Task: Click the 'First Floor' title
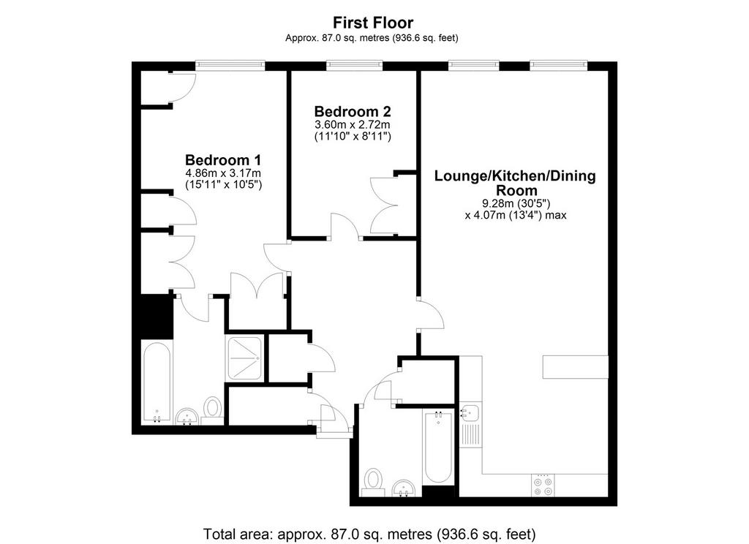pyautogui.click(x=373, y=23)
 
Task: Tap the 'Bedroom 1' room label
pyautogui.click(x=223, y=160)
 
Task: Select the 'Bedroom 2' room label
pyautogui.click(x=353, y=112)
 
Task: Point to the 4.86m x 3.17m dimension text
pyautogui.click(x=223, y=173)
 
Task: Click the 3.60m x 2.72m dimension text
pyautogui.click(x=353, y=124)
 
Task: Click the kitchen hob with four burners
pyautogui.click(x=543, y=486)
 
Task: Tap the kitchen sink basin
pyautogui.click(x=471, y=412)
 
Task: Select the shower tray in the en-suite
pyautogui.click(x=245, y=359)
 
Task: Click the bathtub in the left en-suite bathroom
pyautogui.click(x=157, y=382)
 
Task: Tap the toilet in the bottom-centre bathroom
pyautogui.click(x=374, y=482)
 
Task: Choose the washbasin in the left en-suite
pyautogui.click(x=187, y=417)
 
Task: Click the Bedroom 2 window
pyautogui.click(x=355, y=65)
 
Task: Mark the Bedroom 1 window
pyautogui.click(x=230, y=65)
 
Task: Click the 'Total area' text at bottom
pyautogui.click(x=369, y=534)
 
